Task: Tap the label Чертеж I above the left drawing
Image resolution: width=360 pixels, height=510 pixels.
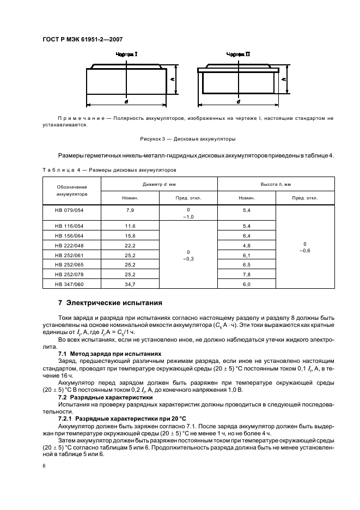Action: [x=126, y=54]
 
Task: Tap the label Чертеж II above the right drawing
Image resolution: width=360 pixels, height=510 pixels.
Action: [x=238, y=54]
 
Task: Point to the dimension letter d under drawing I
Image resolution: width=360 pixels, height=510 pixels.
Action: [x=126, y=102]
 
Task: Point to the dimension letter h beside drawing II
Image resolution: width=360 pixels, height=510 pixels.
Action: [x=284, y=79]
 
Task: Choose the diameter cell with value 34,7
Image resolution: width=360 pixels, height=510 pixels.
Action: [x=130, y=284]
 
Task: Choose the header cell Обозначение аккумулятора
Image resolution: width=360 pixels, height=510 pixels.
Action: [x=69, y=191]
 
